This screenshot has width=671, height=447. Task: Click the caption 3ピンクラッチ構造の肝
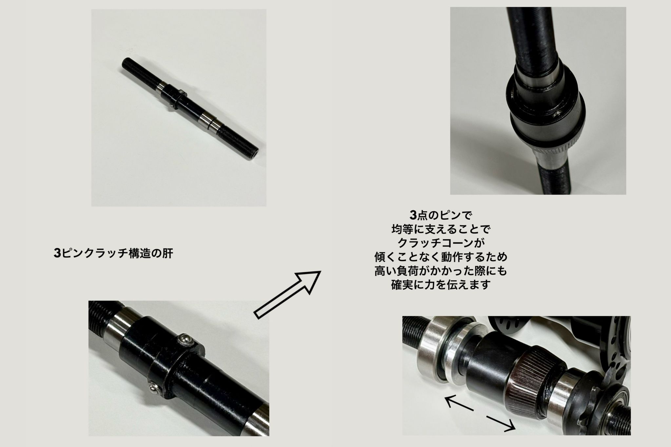click(x=113, y=253)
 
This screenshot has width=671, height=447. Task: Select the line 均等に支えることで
click(x=441, y=229)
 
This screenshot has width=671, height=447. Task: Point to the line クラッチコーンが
click(x=441, y=243)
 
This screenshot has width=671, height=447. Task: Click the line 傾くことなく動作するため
click(x=441, y=257)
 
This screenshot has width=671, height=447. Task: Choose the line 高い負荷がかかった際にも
click(x=441, y=271)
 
